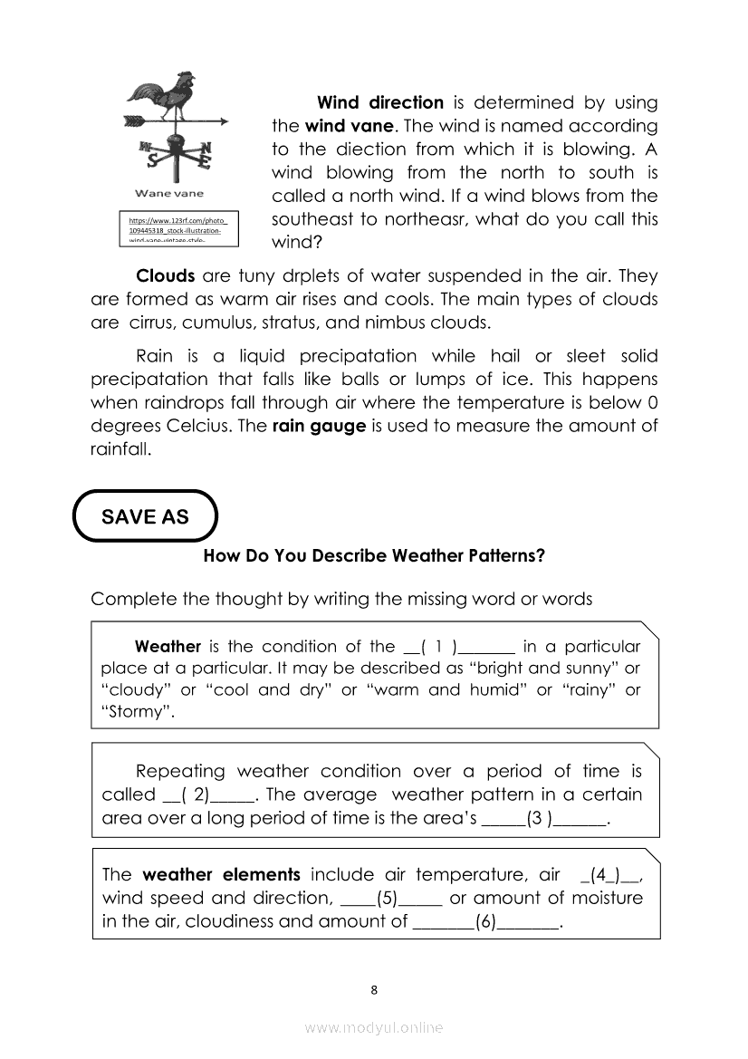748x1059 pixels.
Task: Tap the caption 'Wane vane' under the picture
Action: (169, 193)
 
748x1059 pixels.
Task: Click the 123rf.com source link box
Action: (178, 229)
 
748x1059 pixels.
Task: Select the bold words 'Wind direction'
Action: (379, 102)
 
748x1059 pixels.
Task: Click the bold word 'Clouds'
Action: (165, 275)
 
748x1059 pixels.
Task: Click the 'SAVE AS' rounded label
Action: (145, 516)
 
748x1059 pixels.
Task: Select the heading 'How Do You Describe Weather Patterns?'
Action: (374, 555)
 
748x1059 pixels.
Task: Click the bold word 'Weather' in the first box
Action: (168, 647)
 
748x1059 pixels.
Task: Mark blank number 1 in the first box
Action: (458, 647)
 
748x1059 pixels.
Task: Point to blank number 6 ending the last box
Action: (486, 922)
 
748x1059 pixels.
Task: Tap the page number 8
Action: (374, 989)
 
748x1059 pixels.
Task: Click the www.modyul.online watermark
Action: (374, 1027)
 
